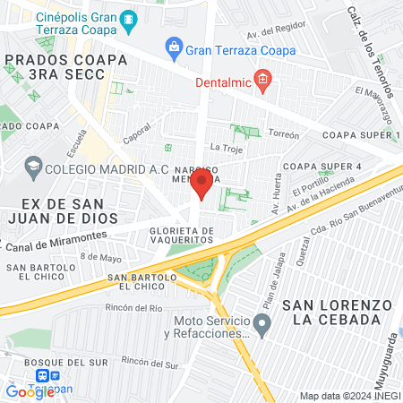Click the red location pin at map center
pyautogui.click(x=202, y=185)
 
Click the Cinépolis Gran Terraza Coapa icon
pyautogui.click(x=130, y=18)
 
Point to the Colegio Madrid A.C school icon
pyautogui.click(x=32, y=166)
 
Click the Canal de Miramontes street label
pyautogui.click(x=56, y=241)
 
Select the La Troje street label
pyautogui.click(x=226, y=146)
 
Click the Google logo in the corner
pyautogui.click(x=29, y=391)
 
